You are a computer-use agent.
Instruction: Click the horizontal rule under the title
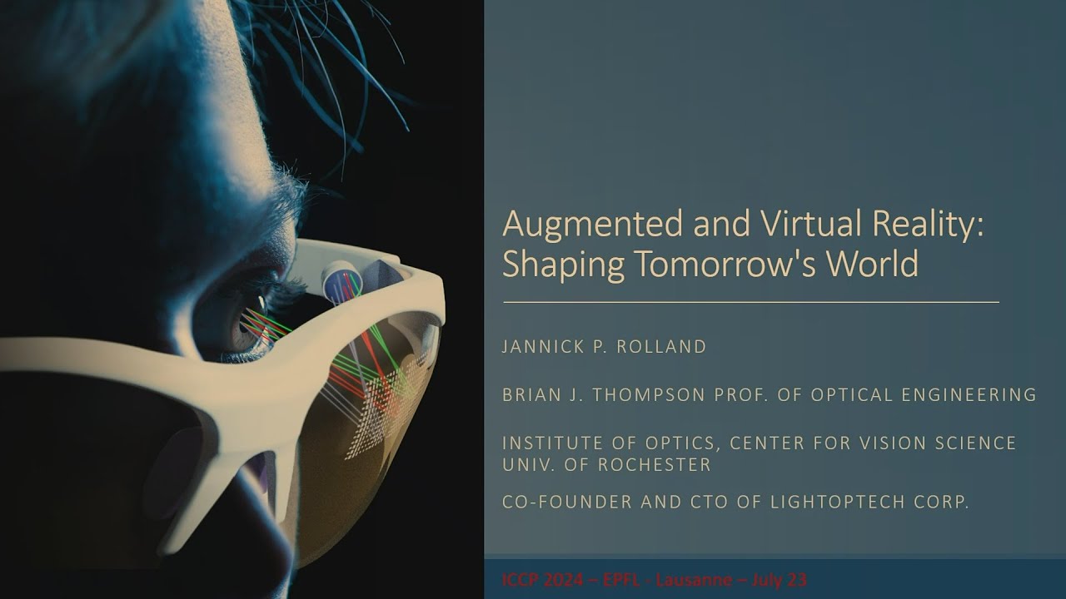click(750, 302)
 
